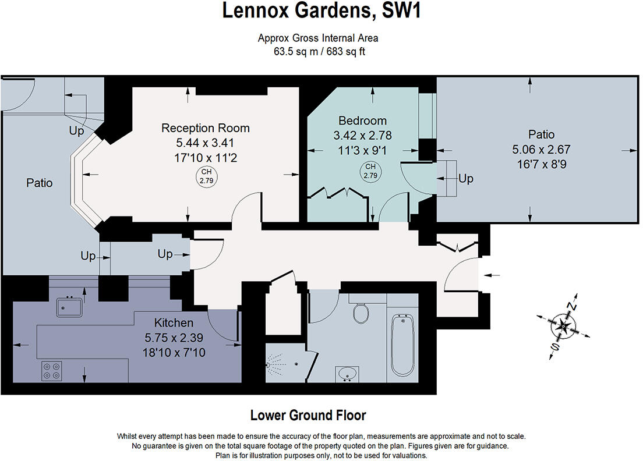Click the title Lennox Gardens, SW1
coord(321,11)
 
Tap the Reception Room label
coord(206,128)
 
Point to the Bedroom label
coord(363,121)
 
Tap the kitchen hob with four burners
coord(52,371)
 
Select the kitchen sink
coord(70,307)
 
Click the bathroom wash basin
coord(348,373)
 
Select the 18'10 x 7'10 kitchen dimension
coord(174,352)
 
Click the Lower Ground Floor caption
coord(308,416)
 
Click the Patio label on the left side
coord(40,183)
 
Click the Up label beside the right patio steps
coord(466,179)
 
